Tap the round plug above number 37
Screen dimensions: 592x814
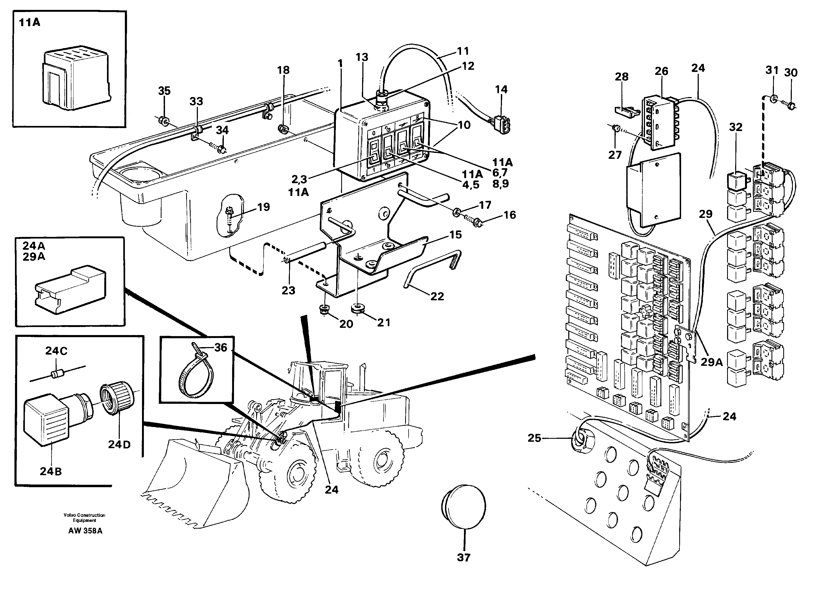(463, 506)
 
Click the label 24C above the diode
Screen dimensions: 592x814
(56, 351)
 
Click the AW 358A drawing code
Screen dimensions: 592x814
(85, 531)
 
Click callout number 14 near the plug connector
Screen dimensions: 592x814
(501, 89)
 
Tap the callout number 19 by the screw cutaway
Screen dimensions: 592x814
(263, 207)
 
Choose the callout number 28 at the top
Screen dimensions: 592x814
(622, 77)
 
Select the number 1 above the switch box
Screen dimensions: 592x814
(340, 64)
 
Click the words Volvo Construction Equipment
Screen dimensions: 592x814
(84, 518)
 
